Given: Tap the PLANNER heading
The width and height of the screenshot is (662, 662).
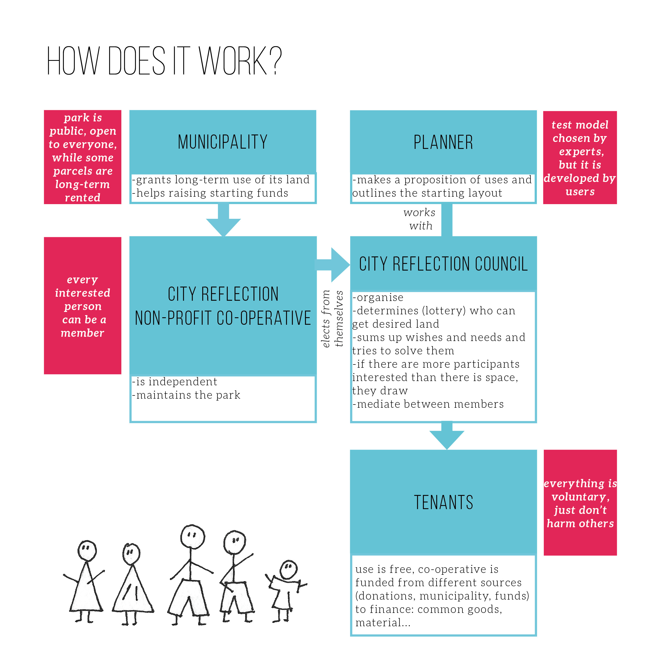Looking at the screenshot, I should point(443,142).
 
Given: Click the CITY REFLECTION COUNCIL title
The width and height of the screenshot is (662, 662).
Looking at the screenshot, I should point(443,264).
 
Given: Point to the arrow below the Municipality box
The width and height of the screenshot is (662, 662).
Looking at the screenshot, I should point(223,221).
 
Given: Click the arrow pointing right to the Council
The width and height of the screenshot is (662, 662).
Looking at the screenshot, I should point(334,264).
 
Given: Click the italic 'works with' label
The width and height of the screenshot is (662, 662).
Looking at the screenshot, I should point(419,219).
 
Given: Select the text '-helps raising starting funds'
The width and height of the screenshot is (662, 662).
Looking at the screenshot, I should point(210,193).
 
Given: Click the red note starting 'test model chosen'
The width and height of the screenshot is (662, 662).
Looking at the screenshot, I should point(580,158).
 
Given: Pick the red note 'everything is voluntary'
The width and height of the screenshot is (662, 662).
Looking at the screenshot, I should point(580,503).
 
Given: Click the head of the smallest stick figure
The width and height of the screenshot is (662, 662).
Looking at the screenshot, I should point(288,570).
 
